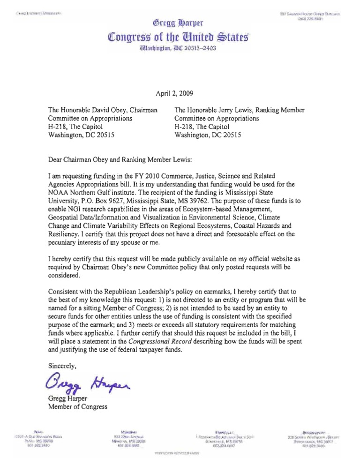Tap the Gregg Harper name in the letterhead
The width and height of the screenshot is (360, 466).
(x=180, y=22)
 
